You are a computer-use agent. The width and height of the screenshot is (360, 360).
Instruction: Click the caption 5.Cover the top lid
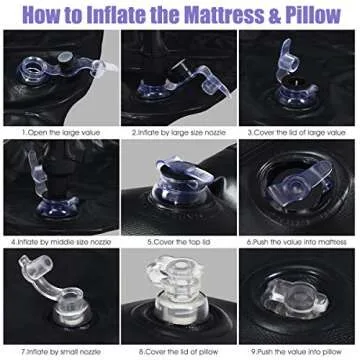[x=179, y=241]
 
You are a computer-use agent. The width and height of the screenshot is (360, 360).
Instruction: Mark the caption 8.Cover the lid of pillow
[x=179, y=351]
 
